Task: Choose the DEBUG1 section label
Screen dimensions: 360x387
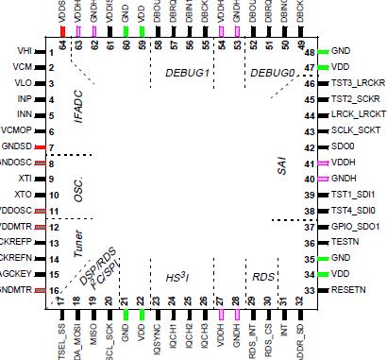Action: (187, 73)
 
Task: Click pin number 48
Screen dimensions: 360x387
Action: (309, 51)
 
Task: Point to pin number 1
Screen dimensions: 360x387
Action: (52, 51)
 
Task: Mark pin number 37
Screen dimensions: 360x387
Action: (309, 227)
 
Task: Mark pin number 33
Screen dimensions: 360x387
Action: (309, 289)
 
